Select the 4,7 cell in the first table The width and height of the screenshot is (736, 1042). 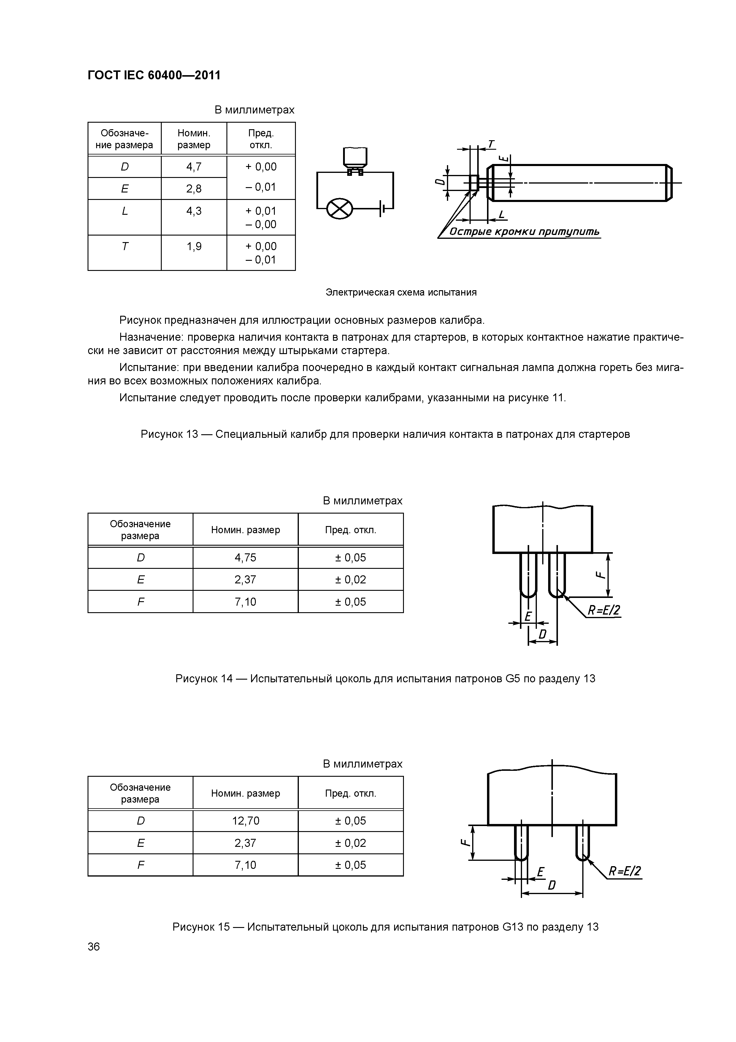[193, 167]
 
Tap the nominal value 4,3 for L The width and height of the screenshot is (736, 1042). [193, 211]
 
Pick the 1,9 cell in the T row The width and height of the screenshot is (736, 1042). [193, 247]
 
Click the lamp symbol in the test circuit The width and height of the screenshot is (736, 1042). [340, 209]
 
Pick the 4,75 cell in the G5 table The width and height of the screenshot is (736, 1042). [245, 557]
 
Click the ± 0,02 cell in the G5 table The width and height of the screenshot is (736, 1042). [350, 580]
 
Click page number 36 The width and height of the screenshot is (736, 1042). [94, 946]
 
